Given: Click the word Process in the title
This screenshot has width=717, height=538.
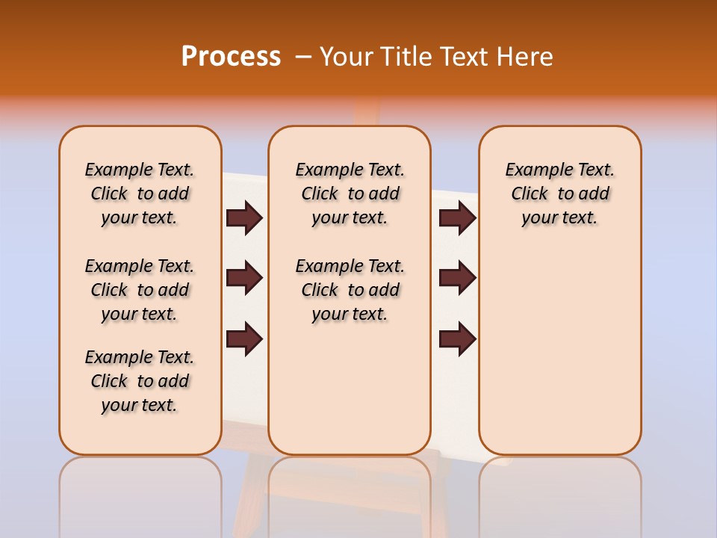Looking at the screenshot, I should (231, 57).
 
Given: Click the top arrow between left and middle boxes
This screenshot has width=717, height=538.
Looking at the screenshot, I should (244, 218).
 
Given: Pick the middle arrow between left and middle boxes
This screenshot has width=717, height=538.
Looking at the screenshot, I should (244, 278).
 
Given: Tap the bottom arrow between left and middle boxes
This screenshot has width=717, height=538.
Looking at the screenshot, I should (244, 339).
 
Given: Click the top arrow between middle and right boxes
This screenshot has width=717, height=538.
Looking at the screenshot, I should (457, 218).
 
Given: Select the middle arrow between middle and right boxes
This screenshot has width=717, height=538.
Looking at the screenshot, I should (457, 278).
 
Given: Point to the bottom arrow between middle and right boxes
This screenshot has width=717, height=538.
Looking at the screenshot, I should (457, 339).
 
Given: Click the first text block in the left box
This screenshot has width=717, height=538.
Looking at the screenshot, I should (140, 194).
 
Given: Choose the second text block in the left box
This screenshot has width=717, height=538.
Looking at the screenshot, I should (140, 290).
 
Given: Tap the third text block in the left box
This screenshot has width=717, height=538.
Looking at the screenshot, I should (140, 381).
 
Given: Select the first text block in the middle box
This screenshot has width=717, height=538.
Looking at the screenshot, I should (350, 194).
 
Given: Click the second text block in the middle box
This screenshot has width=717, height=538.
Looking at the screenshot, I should (350, 290).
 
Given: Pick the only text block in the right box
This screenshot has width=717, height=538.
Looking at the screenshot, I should (559, 194).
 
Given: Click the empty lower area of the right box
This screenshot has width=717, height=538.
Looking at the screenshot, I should (559, 351).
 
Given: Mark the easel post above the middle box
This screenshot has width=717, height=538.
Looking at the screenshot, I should (365, 112).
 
